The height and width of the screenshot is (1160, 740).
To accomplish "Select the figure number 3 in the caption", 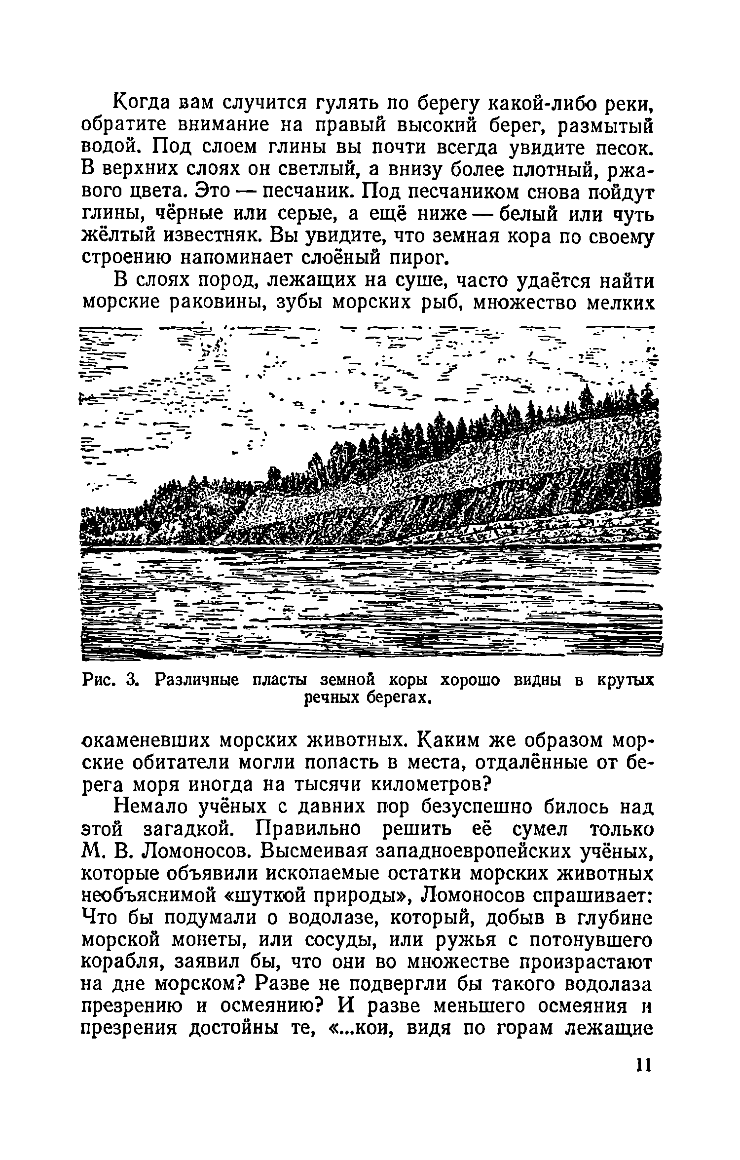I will coord(131,681).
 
